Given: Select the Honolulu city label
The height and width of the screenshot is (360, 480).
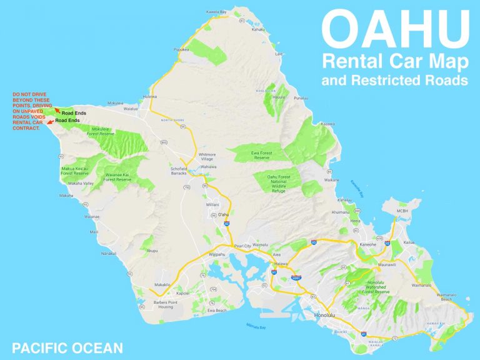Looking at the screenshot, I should pyautogui.click(x=326, y=314).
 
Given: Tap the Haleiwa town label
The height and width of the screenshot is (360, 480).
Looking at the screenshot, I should pyautogui.click(x=150, y=97).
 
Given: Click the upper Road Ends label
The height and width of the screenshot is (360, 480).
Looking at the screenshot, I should pyautogui.click(x=74, y=112).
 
